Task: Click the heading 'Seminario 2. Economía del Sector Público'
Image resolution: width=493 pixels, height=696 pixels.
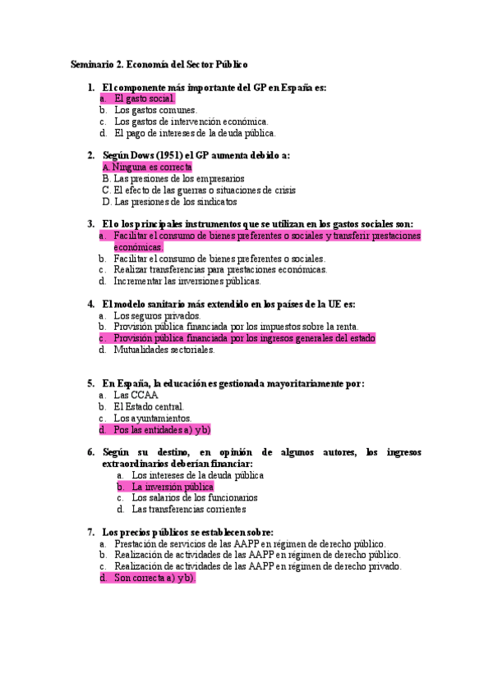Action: pyautogui.click(x=159, y=64)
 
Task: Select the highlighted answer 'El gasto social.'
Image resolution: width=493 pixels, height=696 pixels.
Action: pyautogui.click(x=145, y=98)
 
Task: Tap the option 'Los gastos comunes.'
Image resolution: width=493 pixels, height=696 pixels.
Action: pyautogui.click(x=155, y=110)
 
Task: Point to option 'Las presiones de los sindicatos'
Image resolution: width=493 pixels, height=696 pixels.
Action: pyautogui.click(x=175, y=201)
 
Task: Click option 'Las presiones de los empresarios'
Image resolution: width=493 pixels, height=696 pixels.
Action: pyautogui.click(x=178, y=178)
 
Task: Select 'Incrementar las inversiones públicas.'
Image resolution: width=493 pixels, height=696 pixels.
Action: pyautogui.click(x=187, y=281)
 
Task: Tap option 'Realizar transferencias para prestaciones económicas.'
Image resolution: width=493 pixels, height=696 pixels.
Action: pyautogui.click(x=220, y=269)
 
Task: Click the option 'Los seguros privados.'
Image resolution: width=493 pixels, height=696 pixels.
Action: pyautogui.click(x=157, y=315)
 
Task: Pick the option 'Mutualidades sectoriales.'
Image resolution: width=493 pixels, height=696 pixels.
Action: pyautogui.click(x=164, y=350)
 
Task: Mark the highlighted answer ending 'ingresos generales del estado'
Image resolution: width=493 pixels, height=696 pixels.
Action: pyautogui.click(x=244, y=338)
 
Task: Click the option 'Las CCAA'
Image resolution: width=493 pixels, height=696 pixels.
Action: pyautogui.click(x=136, y=395)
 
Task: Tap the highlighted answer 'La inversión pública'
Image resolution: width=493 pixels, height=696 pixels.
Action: pyautogui.click(x=173, y=487)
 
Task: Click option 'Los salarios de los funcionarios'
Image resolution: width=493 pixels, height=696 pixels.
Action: pyautogui.click(x=195, y=497)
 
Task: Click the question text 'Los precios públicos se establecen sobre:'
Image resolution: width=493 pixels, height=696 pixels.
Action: pyautogui.click(x=187, y=532)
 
